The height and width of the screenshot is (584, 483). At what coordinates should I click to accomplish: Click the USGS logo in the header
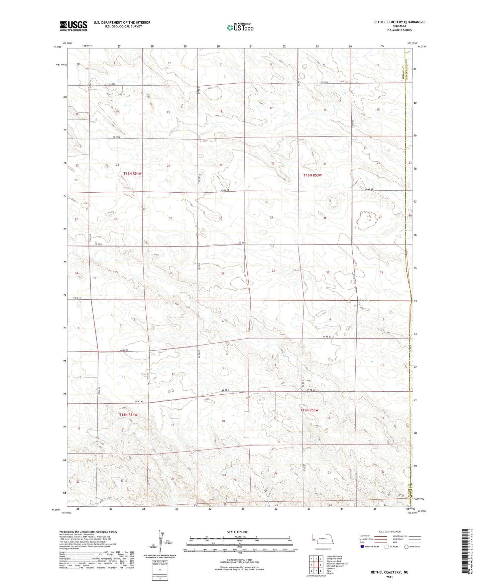(74, 26)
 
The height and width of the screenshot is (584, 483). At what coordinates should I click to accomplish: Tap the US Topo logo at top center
(240, 27)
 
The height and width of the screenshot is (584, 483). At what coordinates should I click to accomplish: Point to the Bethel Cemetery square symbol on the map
(359, 303)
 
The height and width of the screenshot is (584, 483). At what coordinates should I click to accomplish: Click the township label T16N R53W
(313, 175)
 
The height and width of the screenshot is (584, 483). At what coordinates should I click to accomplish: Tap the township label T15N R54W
(128, 415)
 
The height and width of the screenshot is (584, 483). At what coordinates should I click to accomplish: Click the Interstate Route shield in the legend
(362, 547)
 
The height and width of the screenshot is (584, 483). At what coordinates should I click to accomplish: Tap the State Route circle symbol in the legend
(406, 547)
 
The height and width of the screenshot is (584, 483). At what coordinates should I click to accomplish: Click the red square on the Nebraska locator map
(314, 539)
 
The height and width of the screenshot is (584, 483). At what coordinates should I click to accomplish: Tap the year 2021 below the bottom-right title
(389, 577)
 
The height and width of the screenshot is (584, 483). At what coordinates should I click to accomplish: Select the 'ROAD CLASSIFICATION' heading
(389, 531)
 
